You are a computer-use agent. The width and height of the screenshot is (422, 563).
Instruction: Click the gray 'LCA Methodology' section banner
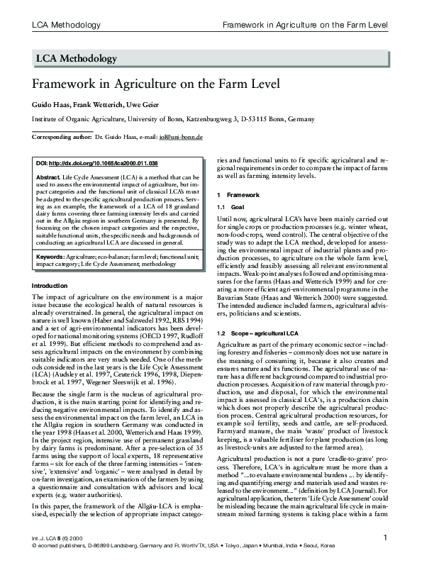[x=211, y=59]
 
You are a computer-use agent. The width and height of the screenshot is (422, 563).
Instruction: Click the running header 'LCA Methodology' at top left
[x=64, y=26]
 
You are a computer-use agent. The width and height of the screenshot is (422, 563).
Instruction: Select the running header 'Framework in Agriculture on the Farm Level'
[x=306, y=26]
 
